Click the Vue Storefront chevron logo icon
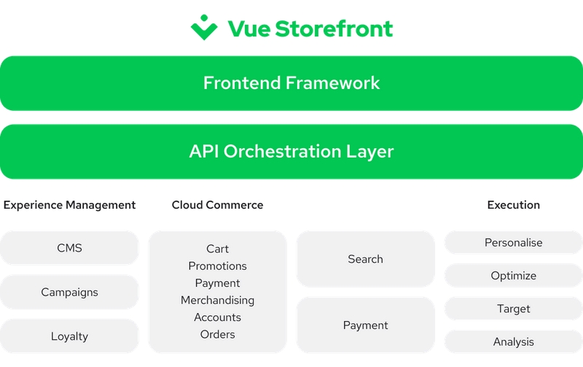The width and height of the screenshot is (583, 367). tap(204, 27)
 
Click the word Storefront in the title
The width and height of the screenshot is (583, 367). tap(334, 28)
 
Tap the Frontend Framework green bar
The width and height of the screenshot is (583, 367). tap(291, 83)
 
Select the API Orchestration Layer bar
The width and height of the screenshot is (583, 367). tap(291, 152)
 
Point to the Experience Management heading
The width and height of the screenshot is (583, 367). tap(69, 205)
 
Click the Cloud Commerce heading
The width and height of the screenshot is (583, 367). tap(217, 205)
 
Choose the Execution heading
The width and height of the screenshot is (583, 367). tap(514, 205)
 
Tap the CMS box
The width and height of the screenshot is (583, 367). tap(69, 248)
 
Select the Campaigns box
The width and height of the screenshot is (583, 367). tap(69, 292)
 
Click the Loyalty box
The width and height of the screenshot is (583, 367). tap(69, 336)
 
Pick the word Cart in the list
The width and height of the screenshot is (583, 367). tap(217, 249)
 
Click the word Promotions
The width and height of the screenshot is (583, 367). tap(217, 266)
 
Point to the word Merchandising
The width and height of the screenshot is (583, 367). tap(217, 300)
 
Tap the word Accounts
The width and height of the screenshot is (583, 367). tap(217, 317)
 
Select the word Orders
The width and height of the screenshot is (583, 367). tap(217, 334)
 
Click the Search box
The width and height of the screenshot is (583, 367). tap(366, 259)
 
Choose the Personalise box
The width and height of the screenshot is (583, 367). tap(514, 243)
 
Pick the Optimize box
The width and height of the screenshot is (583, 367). tap(514, 276)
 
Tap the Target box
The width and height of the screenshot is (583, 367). tap(514, 309)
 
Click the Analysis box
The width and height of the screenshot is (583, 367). tap(514, 341)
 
